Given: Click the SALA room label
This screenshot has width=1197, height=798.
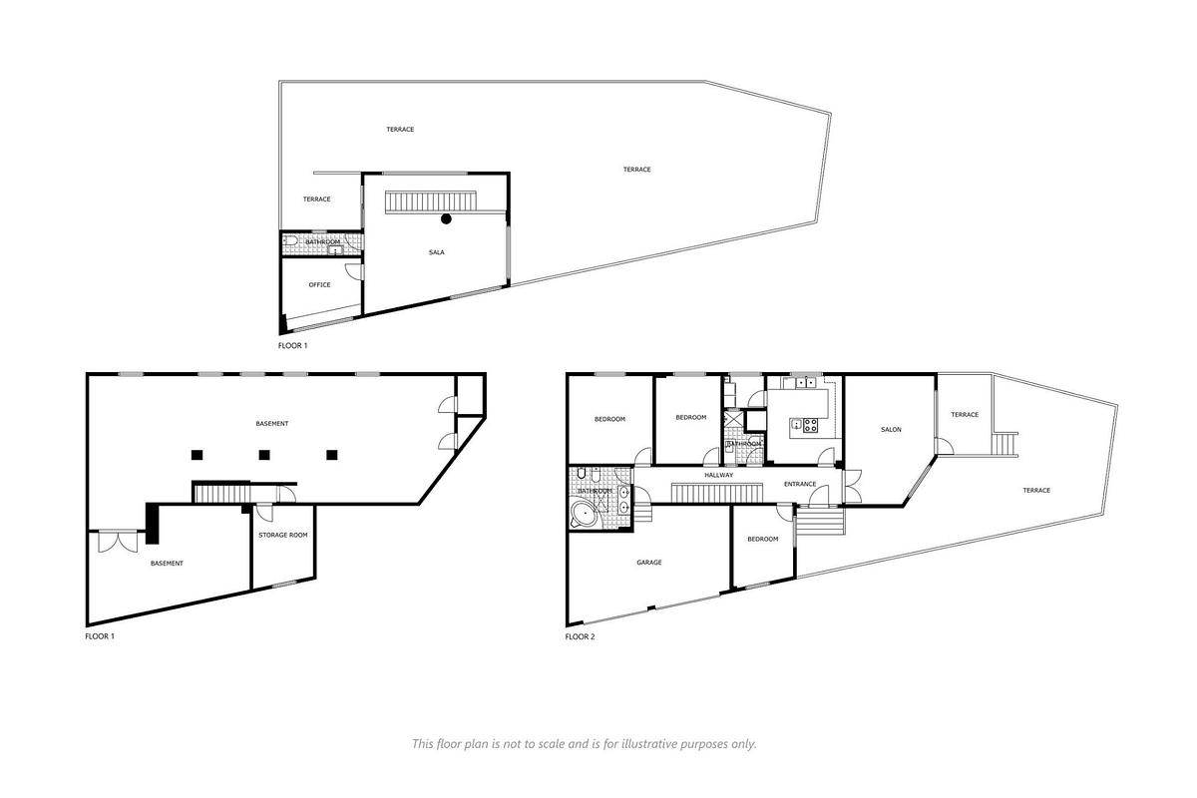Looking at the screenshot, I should coord(436,252).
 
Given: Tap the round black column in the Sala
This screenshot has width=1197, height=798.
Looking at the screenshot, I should coord(447,218).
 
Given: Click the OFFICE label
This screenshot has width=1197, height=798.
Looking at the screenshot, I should coord(319,285).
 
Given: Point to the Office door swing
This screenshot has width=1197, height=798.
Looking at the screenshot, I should coord(352,270).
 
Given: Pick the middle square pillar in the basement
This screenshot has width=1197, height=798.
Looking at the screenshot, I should coord(264,455).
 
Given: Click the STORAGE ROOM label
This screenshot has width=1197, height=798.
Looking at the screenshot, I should coord(282,536).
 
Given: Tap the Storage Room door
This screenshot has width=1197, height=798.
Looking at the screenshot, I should coord(265,512).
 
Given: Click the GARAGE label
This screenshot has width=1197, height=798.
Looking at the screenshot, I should coord(649,563).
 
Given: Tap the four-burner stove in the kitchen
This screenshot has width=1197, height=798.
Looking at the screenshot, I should coord(810,425).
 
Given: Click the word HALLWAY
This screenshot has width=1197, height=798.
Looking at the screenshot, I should coord(718,475).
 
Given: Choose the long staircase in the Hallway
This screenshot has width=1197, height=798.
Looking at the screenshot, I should coord(702,493).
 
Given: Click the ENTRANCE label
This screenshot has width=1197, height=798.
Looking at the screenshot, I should coord(800,485).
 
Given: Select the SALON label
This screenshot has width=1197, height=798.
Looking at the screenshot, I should coord(891,430).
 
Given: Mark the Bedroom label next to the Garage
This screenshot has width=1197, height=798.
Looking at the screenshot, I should coord(763,540).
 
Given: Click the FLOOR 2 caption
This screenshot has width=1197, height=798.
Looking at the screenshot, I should coord(580,636).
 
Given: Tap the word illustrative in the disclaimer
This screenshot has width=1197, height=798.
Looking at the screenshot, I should coord(641,744).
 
